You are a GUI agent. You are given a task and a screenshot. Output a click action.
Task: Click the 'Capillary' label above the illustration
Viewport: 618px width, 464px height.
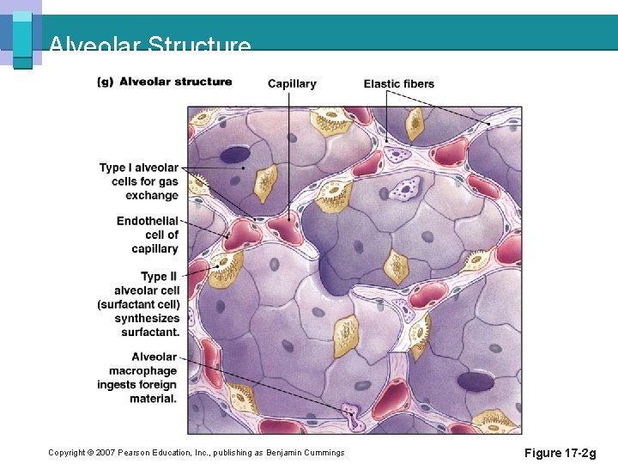[292, 83]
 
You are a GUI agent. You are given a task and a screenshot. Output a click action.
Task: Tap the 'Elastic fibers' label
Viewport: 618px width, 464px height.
[398, 83]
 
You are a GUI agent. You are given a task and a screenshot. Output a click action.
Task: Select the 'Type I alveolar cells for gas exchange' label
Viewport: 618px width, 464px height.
[139, 181]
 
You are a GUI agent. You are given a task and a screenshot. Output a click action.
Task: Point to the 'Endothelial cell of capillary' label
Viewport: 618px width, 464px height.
[148, 235]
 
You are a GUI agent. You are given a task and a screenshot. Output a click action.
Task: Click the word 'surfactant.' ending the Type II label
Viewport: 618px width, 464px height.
[150, 332]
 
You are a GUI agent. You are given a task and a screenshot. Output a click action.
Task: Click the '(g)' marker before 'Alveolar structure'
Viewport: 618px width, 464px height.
[106, 82]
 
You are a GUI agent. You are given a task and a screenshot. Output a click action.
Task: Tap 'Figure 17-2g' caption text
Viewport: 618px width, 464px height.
[559, 453]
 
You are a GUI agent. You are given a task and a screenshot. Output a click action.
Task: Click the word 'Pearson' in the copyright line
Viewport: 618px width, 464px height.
[135, 453]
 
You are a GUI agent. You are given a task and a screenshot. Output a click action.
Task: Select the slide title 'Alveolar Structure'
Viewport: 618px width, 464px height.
[150, 45]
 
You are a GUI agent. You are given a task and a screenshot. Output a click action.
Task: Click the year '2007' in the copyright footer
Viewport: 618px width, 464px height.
[105, 453]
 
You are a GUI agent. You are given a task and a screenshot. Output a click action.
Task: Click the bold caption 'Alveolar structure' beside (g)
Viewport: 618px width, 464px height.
[175, 82]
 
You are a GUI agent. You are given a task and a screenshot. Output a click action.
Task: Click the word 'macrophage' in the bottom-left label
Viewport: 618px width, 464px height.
[142, 370]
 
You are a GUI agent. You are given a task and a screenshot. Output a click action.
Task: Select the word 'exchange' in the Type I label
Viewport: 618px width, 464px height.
[152, 195]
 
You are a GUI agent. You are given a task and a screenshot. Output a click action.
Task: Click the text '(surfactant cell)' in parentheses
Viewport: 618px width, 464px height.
[138, 304]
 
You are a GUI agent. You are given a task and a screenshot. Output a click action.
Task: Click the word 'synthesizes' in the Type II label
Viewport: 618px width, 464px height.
[147, 318]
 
